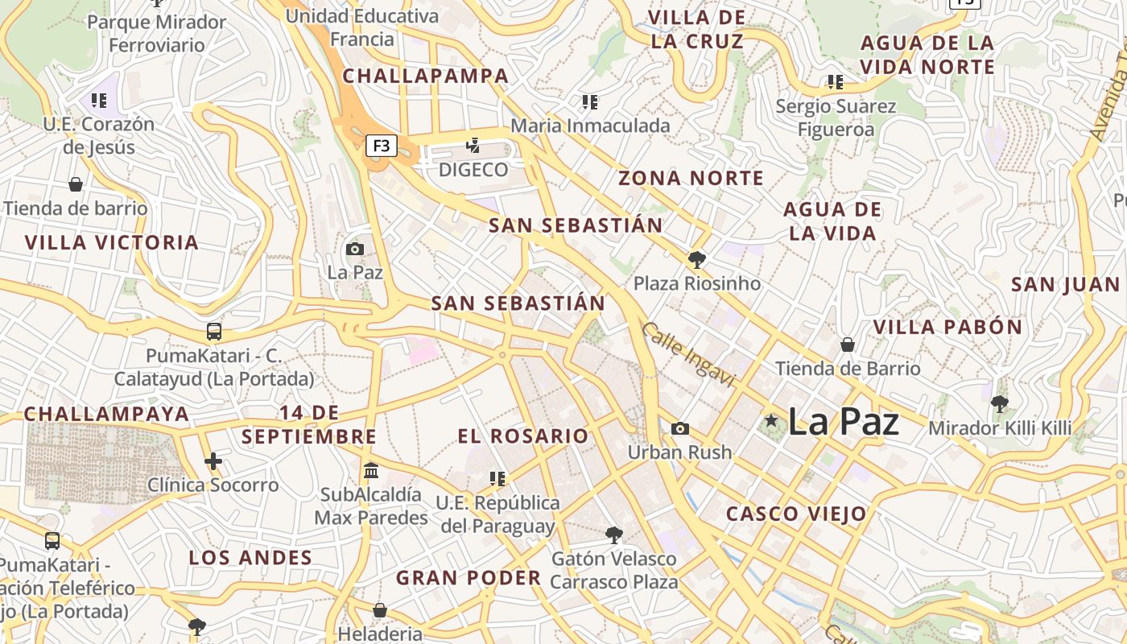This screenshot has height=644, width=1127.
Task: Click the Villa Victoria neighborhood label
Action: [x=111, y=242]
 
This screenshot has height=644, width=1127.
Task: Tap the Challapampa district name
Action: [x=426, y=76]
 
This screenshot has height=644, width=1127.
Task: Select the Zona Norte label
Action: [x=691, y=179]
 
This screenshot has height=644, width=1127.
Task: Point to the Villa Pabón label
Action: [x=947, y=328]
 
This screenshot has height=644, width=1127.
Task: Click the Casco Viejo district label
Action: [x=796, y=514]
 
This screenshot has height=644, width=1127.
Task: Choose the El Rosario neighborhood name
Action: [x=523, y=436]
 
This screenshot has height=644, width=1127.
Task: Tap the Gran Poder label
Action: [x=469, y=578]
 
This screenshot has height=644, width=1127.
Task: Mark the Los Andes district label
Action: [x=250, y=558]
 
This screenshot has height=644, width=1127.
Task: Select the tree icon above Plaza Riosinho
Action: [x=696, y=260]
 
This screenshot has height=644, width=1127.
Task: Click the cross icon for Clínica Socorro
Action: [x=213, y=461]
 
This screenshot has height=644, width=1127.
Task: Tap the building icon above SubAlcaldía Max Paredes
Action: [x=371, y=470]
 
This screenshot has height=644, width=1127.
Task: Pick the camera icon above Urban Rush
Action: [x=680, y=428]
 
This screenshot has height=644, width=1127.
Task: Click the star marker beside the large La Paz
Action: [x=772, y=420]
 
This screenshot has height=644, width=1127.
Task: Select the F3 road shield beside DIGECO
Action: [x=382, y=146]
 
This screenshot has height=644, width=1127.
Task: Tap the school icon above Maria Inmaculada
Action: [x=590, y=102]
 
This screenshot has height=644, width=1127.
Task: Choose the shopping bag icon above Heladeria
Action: [x=379, y=610]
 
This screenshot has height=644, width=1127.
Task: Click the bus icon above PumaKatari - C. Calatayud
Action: [x=213, y=332]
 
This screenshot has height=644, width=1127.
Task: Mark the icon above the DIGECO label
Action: [x=473, y=146]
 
